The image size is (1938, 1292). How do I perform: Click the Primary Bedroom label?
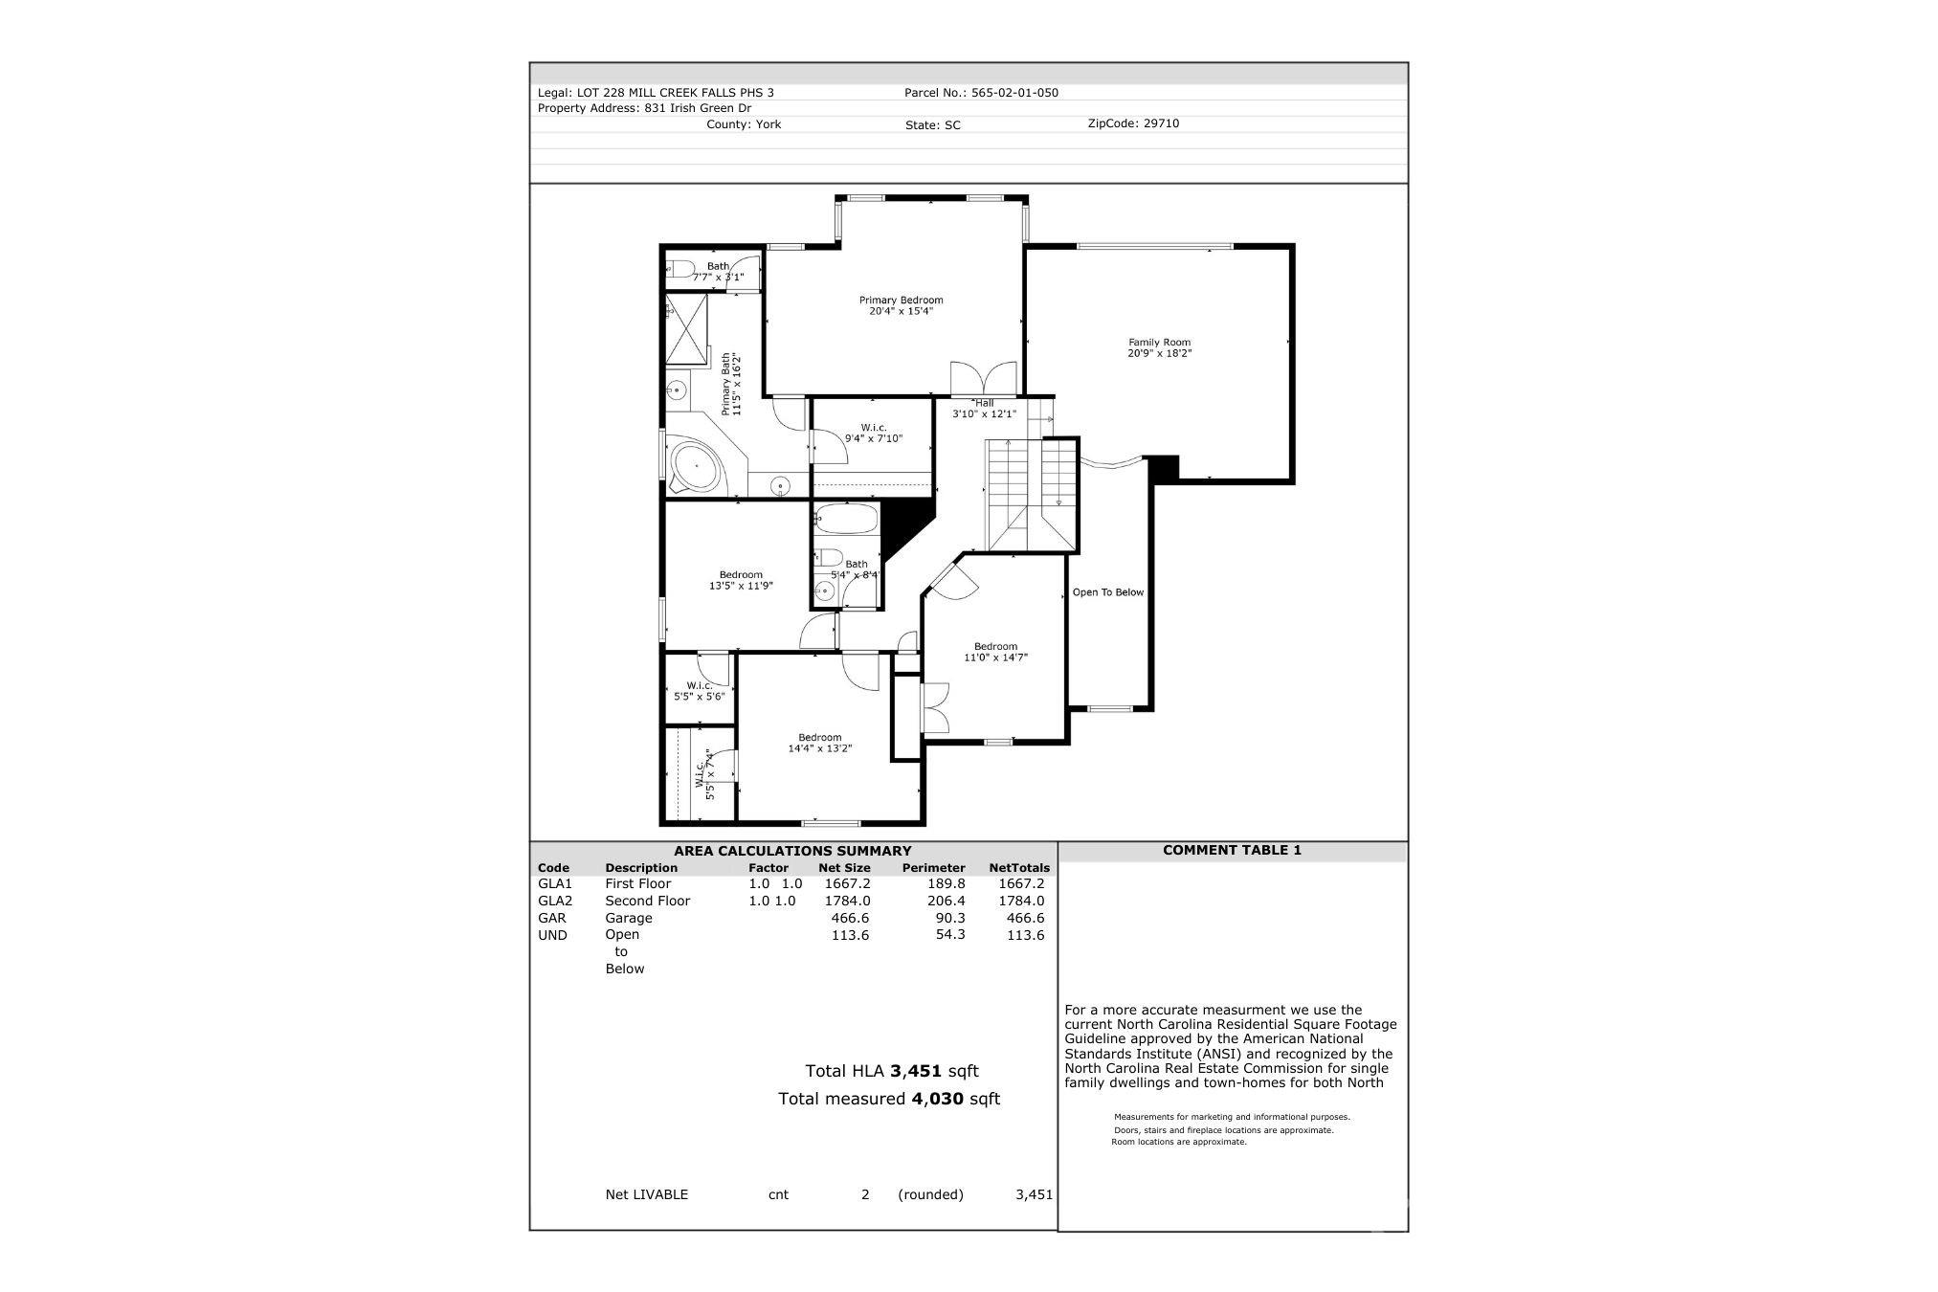(901, 305)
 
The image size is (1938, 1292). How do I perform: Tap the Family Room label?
(1159, 347)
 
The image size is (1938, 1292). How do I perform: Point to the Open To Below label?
(1108, 592)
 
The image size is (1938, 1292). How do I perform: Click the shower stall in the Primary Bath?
(686, 330)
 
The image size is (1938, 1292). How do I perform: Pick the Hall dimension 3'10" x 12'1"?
(983, 414)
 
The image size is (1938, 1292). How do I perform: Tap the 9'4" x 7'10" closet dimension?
(874, 438)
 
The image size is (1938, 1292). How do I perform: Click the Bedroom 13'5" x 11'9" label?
(741, 581)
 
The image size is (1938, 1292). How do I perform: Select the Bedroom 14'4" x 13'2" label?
(820, 743)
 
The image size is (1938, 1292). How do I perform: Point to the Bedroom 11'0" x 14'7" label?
(995, 652)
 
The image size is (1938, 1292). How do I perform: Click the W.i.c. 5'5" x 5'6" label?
(700, 691)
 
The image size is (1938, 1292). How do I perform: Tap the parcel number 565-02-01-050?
(1014, 93)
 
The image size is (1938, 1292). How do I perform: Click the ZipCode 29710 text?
(1133, 123)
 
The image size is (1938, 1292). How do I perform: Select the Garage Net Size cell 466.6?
(850, 918)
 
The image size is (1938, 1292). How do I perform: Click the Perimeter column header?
(933, 868)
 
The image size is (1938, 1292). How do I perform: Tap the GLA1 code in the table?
(555, 883)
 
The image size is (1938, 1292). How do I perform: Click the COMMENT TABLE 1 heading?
(1232, 850)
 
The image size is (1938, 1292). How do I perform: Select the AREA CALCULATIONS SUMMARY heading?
(792, 851)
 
